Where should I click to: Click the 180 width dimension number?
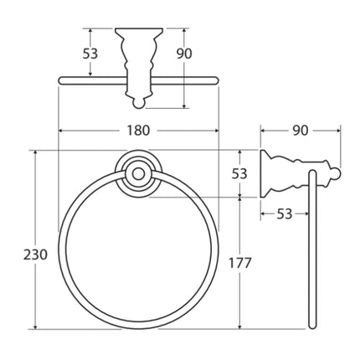pyautogui.click(x=138, y=131)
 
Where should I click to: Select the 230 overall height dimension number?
pyautogui.click(x=35, y=255)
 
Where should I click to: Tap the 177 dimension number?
pyautogui.click(x=240, y=263)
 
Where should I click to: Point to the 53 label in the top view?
pyautogui.click(x=90, y=54)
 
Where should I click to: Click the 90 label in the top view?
pyautogui.click(x=184, y=54)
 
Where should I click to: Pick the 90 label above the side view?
pyautogui.click(x=301, y=131)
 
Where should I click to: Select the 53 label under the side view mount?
pyautogui.click(x=285, y=214)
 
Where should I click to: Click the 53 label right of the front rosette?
pyautogui.click(x=239, y=173)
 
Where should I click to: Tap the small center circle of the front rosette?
pyautogui.click(x=137, y=174)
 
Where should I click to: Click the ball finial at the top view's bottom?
pyautogui.click(x=138, y=104)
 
